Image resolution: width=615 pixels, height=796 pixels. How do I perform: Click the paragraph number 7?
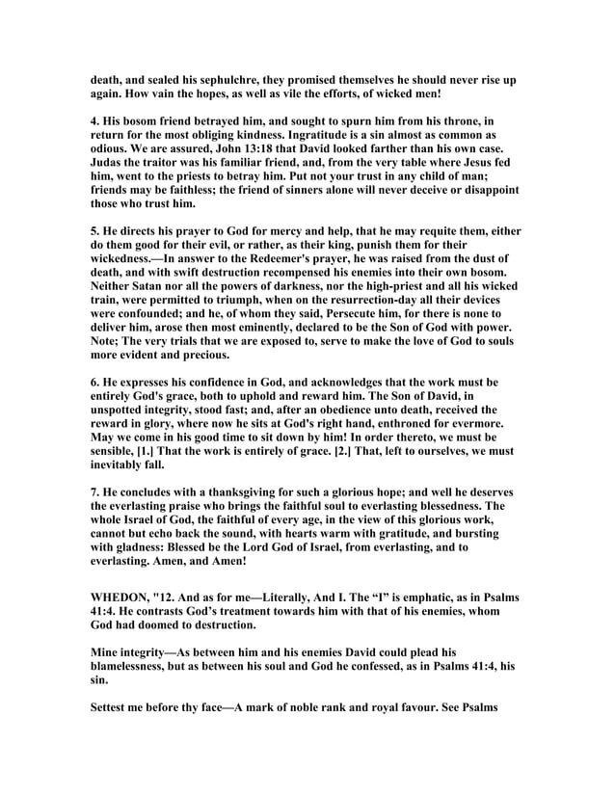point(95,528)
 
